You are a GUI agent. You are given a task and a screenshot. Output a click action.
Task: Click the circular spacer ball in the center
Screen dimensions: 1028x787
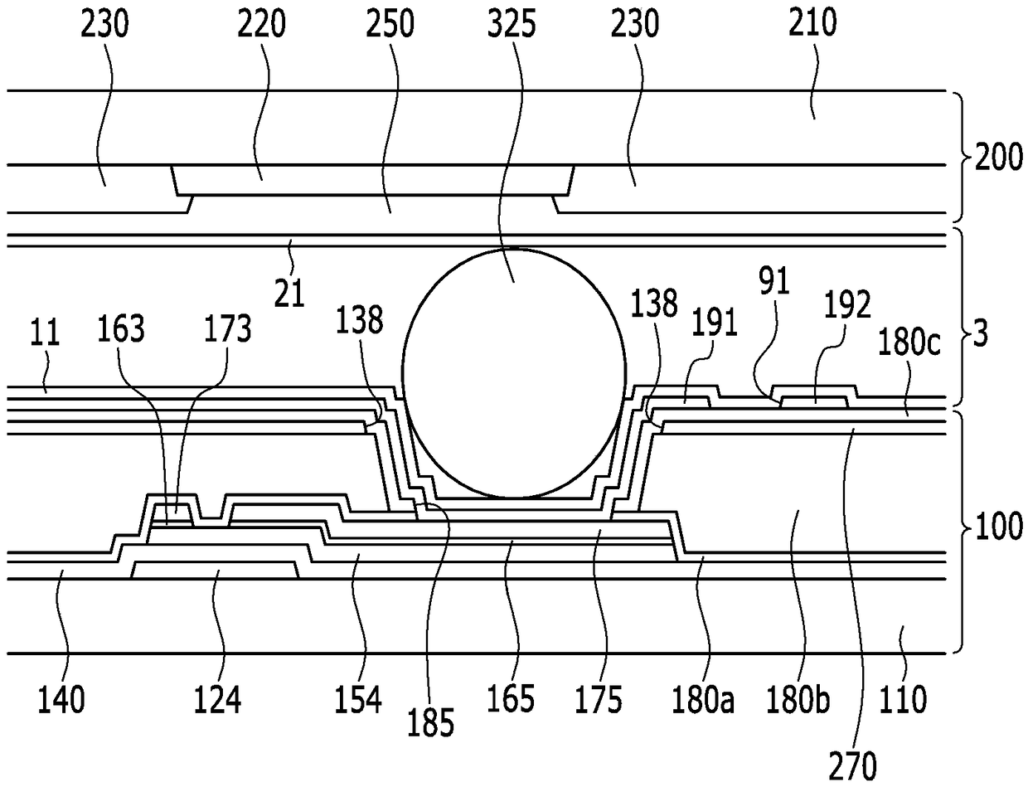(x=514, y=373)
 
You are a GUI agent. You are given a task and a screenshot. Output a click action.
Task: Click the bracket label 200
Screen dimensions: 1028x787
(x=998, y=157)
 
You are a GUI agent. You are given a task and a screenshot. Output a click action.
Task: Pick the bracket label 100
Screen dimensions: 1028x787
(x=1000, y=526)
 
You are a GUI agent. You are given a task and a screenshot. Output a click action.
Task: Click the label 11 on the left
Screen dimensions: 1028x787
(x=45, y=332)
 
